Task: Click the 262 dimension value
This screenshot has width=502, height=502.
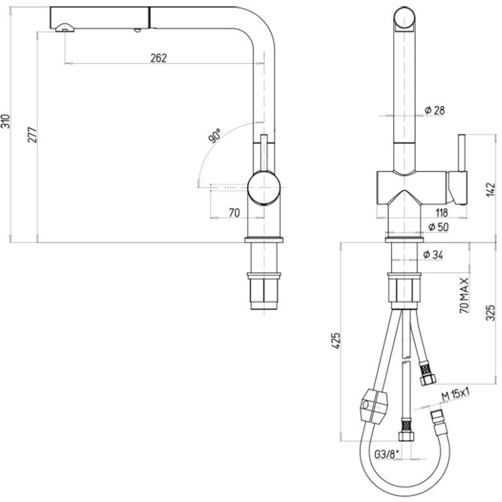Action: [159, 58]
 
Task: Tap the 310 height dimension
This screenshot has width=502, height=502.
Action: [6, 121]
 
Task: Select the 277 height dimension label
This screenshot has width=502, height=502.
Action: [32, 134]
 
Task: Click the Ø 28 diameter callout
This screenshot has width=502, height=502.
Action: [434, 110]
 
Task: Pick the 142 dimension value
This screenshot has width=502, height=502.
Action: [490, 190]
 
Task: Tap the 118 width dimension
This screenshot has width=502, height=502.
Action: [442, 213]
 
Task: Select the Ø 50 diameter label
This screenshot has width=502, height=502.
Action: [438, 227]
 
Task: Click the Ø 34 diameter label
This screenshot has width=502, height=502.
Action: [433, 255]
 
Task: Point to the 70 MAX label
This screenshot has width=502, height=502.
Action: [464, 295]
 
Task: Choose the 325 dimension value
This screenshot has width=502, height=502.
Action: [490, 312]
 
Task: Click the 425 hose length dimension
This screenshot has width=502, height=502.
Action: [336, 341]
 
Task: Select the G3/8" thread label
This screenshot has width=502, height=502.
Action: [387, 454]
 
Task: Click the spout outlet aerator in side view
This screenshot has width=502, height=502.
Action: [65, 28]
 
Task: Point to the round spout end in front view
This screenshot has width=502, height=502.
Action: [405, 19]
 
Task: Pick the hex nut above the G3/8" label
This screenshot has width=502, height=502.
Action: [407, 436]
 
